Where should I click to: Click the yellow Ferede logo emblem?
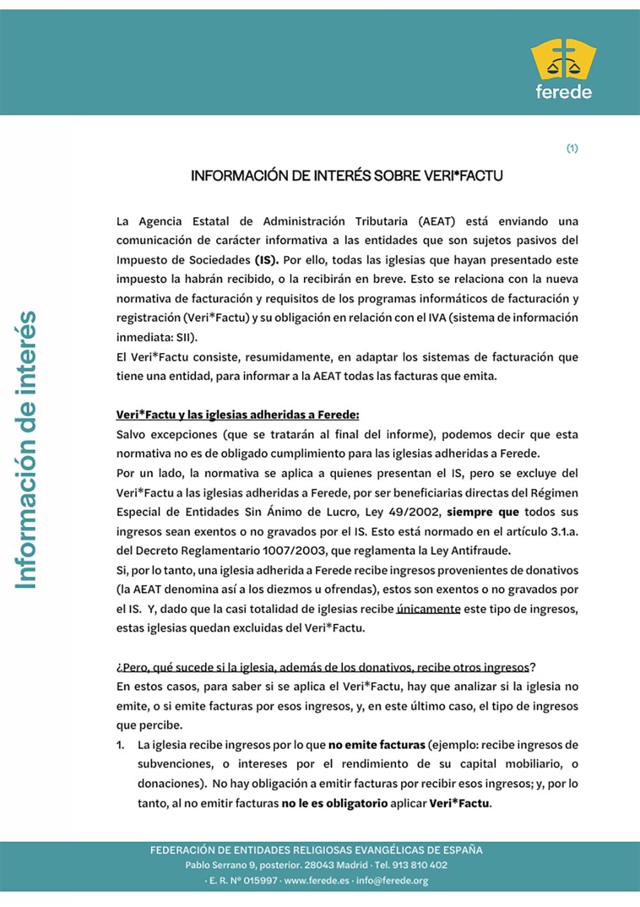(563, 60)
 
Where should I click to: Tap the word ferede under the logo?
(563, 92)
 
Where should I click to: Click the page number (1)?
(572, 149)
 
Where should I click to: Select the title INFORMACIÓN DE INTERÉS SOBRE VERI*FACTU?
(346, 176)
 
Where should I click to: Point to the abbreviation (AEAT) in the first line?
(436, 222)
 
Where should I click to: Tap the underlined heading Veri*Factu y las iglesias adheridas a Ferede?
(237, 415)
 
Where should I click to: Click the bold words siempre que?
(483, 512)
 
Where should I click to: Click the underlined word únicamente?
(428, 609)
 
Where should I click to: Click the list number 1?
(120, 745)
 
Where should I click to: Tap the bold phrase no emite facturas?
(376, 745)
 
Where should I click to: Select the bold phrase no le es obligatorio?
(334, 803)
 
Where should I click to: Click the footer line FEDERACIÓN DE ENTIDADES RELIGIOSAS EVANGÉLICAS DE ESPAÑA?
(316, 850)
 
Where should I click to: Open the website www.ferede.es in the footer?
(316, 881)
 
